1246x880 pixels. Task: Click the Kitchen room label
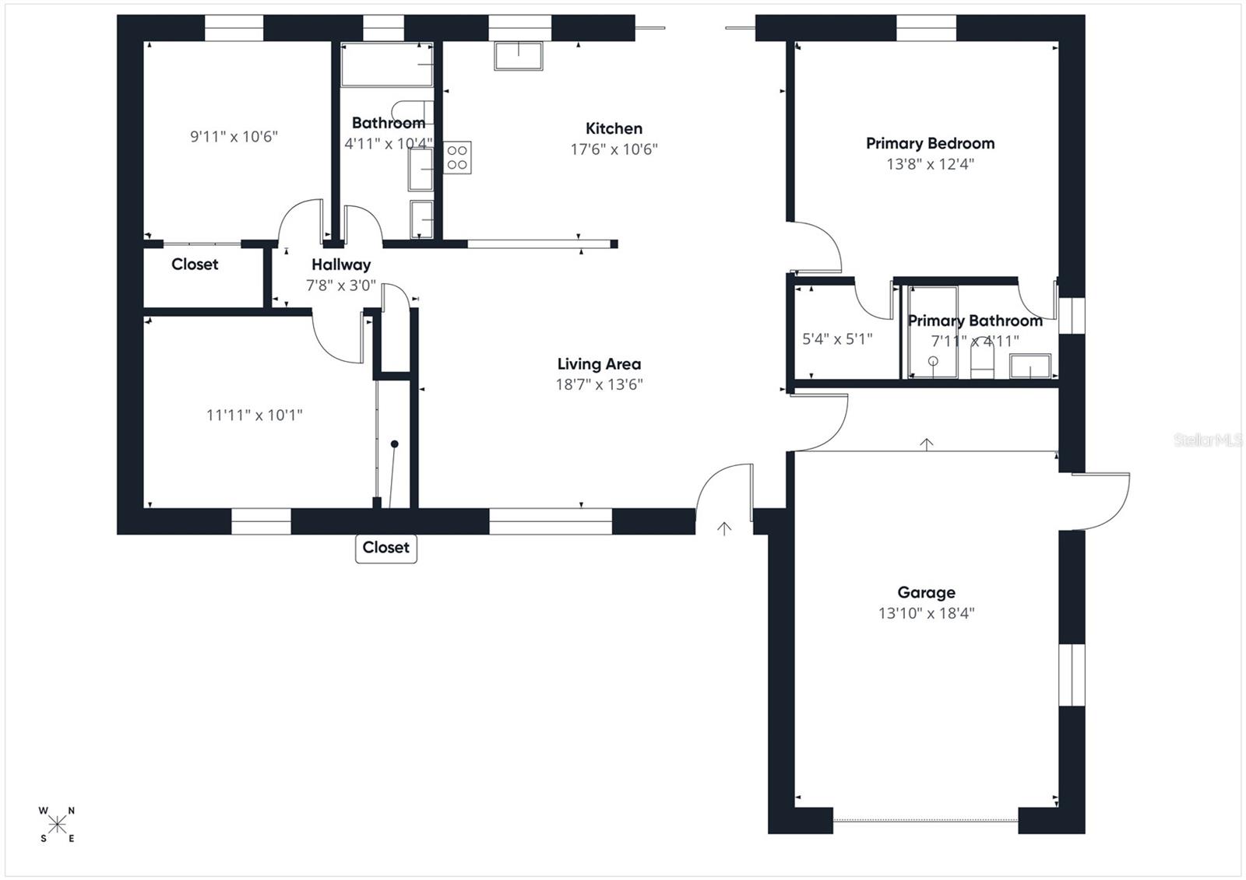click(x=614, y=129)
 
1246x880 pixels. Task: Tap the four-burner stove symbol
click(x=458, y=157)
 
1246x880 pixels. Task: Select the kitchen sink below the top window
click(x=518, y=56)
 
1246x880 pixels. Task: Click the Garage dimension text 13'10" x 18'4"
click(x=926, y=613)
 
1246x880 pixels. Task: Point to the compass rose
click(x=57, y=825)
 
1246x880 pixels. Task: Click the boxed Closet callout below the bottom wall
click(x=385, y=548)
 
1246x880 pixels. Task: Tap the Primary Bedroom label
click(x=930, y=144)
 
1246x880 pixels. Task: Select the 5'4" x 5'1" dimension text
click(x=837, y=339)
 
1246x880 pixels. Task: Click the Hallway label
click(x=341, y=265)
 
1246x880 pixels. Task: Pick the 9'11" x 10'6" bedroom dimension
click(x=234, y=137)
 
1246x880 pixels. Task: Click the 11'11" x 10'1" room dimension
click(x=254, y=415)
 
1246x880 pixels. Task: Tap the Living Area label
click(x=599, y=364)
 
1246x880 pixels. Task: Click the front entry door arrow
click(x=724, y=529)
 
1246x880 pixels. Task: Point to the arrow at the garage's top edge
click(x=926, y=444)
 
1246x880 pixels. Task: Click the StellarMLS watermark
click(x=1207, y=440)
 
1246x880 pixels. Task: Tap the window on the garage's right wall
click(x=1072, y=675)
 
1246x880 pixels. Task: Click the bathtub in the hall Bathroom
click(x=386, y=64)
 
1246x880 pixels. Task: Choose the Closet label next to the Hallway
click(x=195, y=265)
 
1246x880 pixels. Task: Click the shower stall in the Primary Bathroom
click(x=933, y=333)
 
